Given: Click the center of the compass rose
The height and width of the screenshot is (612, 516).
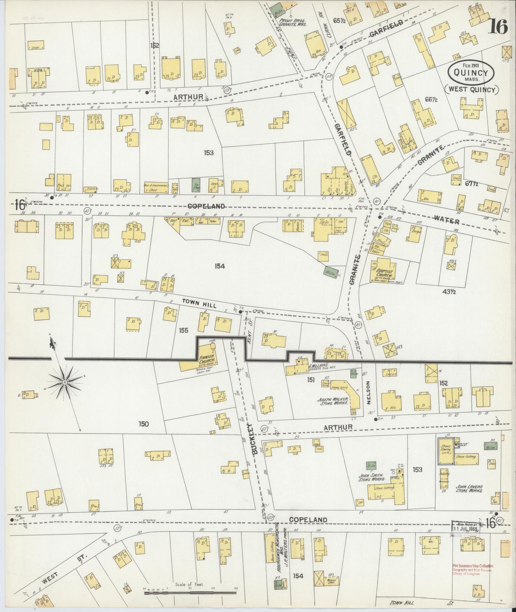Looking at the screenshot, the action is (x=65, y=382).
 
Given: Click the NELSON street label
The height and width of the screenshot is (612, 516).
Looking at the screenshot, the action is (x=369, y=392).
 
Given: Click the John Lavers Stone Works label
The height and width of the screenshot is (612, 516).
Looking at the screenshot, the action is (x=469, y=489).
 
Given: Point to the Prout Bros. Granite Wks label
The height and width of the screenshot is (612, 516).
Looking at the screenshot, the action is (x=292, y=23).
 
